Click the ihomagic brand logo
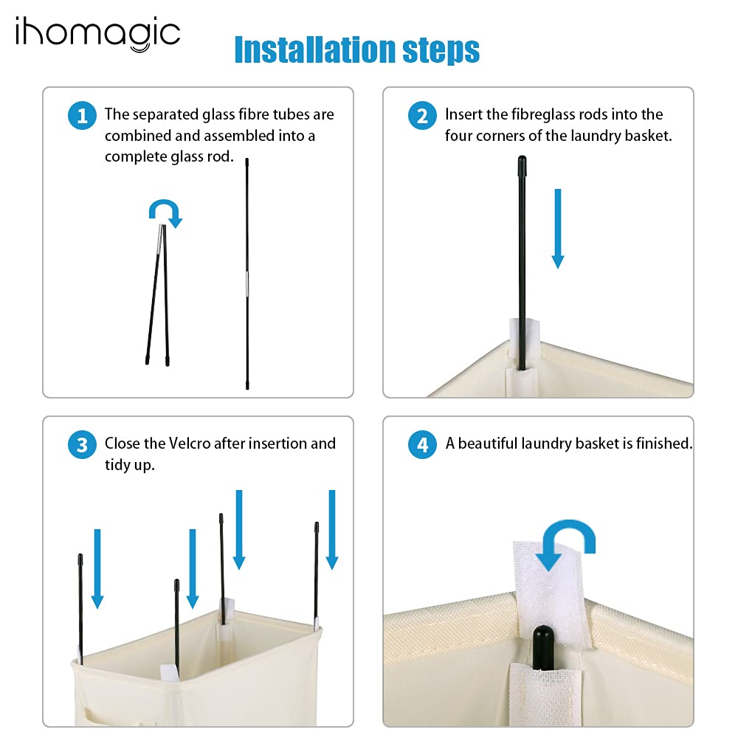[x=98, y=34]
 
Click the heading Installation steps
[x=356, y=49]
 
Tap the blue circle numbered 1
[x=83, y=115]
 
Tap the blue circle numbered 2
[x=423, y=115]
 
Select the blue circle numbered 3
[x=83, y=444]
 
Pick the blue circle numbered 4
[x=423, y=444]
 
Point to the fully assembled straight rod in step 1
[x=247, y=274]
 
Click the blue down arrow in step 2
[x=558, y=229]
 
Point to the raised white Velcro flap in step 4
[x=550, y=593]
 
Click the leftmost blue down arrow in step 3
[x=97, y=569]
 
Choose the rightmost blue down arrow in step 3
[x=332, y=530]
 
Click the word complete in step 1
[x=136, y=156]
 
